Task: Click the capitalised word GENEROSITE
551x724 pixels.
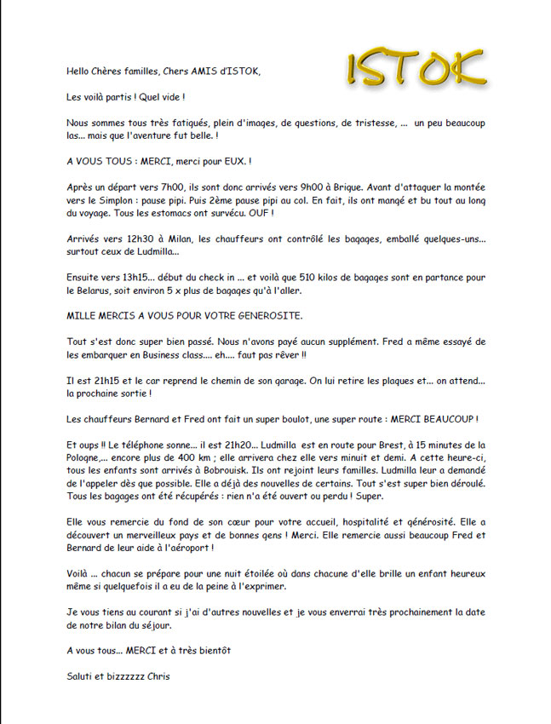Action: coord(267,316)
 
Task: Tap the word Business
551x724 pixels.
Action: coord(171,355)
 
